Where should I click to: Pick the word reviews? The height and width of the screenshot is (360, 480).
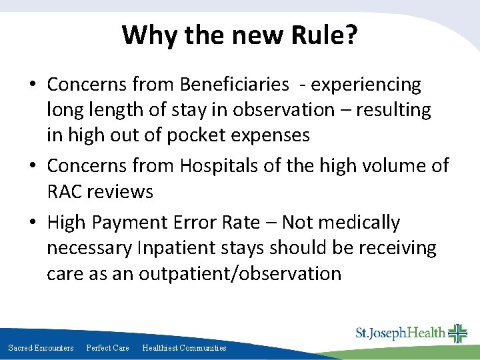pyautogui.click(x=122, y=192)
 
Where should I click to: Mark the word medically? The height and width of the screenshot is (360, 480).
pyautogui.click(x=356, y=222)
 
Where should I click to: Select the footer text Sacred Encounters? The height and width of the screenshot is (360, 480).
pyautogui.click(x=41, y=348)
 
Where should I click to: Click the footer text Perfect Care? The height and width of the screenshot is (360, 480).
pyautogui.click(x=108, y=348)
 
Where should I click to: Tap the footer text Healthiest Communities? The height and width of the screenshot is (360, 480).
pyautogui.click(x=185, y=348)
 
